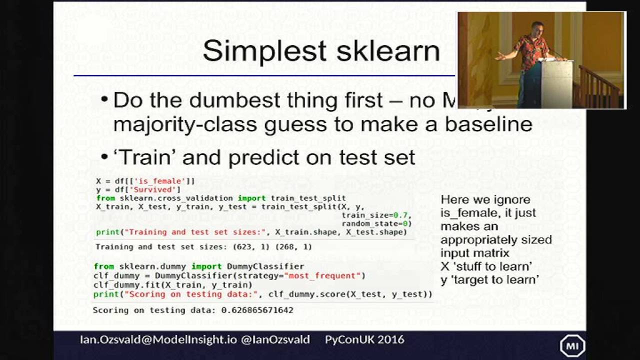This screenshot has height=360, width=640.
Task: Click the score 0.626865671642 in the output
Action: (257, 310)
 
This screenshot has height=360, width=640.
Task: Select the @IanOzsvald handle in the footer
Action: (275, 340)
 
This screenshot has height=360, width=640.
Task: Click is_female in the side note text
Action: (466, 213)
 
